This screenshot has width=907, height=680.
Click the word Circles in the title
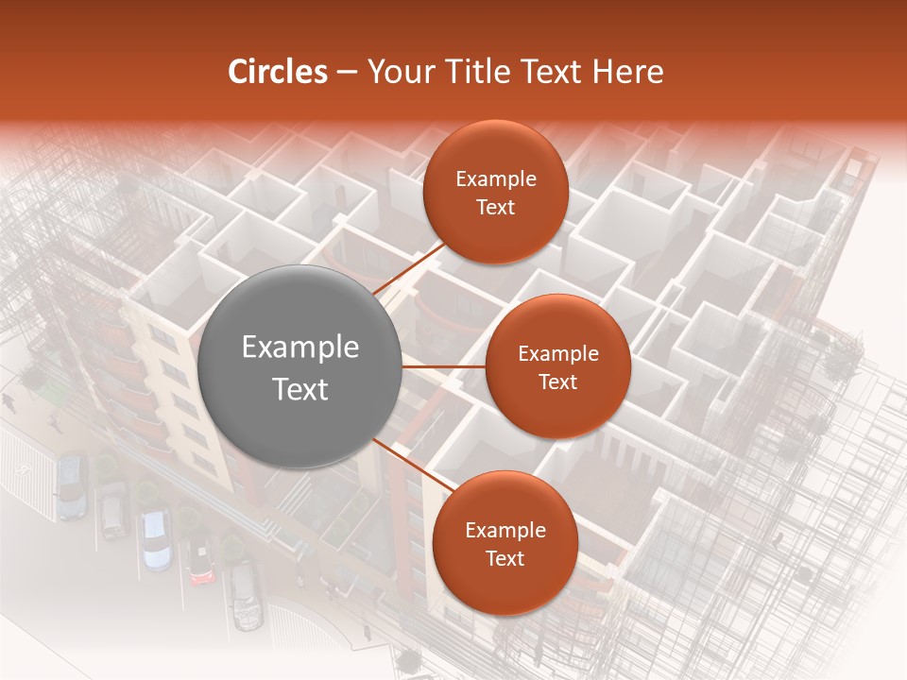click(277, 72)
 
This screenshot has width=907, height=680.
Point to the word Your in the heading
click(401, 72)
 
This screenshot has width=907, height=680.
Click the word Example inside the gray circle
click(300, 348)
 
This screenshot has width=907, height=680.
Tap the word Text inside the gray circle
click(300, 389)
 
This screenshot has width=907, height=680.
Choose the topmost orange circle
click(495, 192)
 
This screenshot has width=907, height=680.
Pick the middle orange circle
click(557, 366)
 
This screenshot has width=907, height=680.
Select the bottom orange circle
click(505, 542)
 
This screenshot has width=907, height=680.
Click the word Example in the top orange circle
click(495, 179)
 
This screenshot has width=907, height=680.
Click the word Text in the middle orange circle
click(557, 382)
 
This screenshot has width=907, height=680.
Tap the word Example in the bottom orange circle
click(505, 530)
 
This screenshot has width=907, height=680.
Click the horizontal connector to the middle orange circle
click(444, 366)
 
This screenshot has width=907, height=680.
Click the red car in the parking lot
click(199, 561)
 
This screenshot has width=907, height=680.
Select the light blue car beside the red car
click(156, 539)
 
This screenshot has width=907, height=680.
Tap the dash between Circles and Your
click(347, 72)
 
